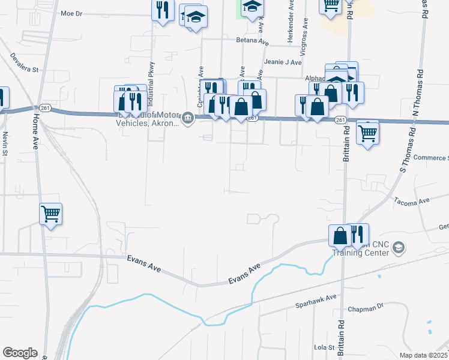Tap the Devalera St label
click(23, 62)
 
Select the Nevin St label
click(5, 144)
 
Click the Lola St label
click(324, 347)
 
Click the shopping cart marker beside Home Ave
click(51, 214)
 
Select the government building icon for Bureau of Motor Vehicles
click(188, 118)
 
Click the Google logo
click(20, 353)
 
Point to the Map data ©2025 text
click(423, 355)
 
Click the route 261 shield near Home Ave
click(45, 108)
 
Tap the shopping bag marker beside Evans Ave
click(340, 235)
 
